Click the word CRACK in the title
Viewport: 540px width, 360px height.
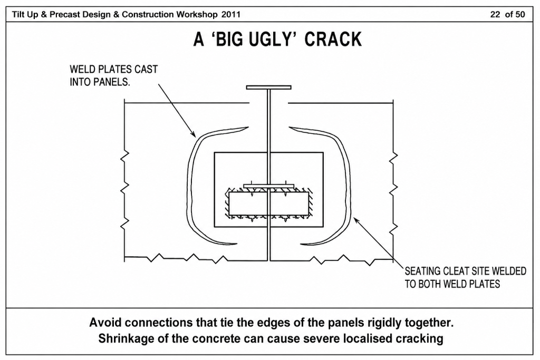click(333, 39)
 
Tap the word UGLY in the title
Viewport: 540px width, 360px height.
click(266, 39)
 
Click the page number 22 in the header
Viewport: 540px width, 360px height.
click(495, 14)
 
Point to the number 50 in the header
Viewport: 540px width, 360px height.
click(520, 14)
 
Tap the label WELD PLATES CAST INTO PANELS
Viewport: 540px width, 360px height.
click(114, 76)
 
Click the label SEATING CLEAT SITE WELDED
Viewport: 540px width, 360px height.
click(465, 271)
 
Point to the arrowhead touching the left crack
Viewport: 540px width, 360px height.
click(193, 133)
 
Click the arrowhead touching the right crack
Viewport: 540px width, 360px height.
click(357, 220)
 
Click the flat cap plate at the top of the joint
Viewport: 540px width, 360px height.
click(268, 87)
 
